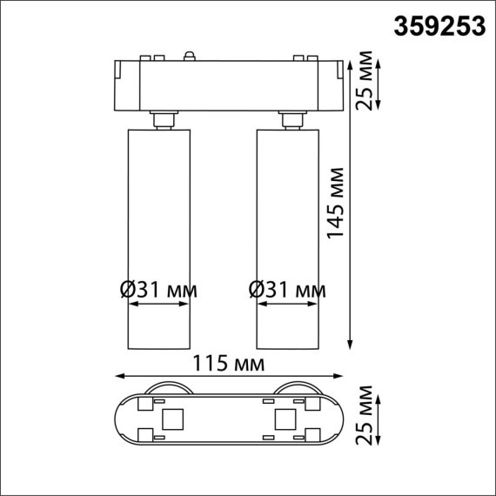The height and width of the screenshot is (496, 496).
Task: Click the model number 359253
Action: [x=440, y=27]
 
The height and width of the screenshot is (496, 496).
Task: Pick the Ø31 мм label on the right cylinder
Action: [x=287, y=288]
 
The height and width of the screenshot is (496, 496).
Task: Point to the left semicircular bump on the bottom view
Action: [x=165, y=388]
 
